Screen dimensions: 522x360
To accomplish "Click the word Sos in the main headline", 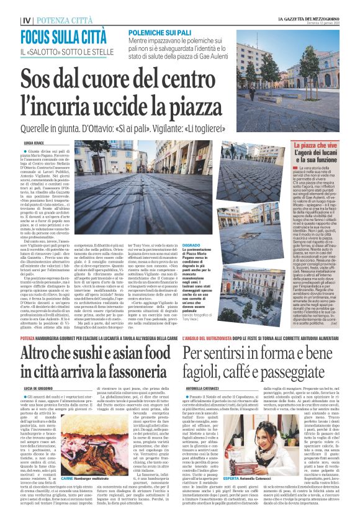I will coord(37,80).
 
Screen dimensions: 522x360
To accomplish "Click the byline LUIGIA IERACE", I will coord(35,144).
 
